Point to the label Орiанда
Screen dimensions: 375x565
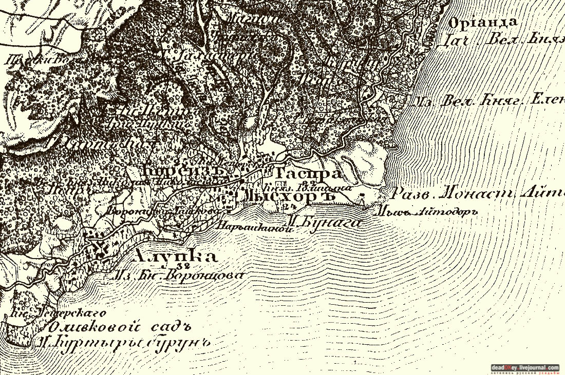coord(482,23)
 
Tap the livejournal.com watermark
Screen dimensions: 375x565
coord(525,367)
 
